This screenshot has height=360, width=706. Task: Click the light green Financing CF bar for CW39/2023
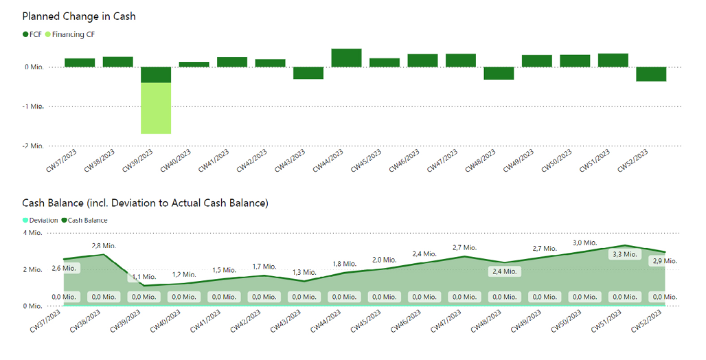tap(156, 108)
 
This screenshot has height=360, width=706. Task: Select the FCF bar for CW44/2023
tap(346, 58)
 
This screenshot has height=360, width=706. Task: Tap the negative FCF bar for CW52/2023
tap(650, 74)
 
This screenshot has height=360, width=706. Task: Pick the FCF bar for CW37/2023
tap(80, 63)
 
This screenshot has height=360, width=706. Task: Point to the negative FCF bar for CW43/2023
tap(308, 73)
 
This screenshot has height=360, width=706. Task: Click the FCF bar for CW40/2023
tap(194, 65)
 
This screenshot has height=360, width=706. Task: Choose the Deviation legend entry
tap(43, 220)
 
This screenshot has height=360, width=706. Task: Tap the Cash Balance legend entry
tap(87, 220)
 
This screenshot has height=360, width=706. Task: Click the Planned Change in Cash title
tap(79, 16)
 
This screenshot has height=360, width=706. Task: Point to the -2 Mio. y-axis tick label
tap(32, 146)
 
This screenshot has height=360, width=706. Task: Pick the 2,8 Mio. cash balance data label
tap(104, 245)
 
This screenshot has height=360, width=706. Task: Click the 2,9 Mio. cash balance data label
tap(664, 261)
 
